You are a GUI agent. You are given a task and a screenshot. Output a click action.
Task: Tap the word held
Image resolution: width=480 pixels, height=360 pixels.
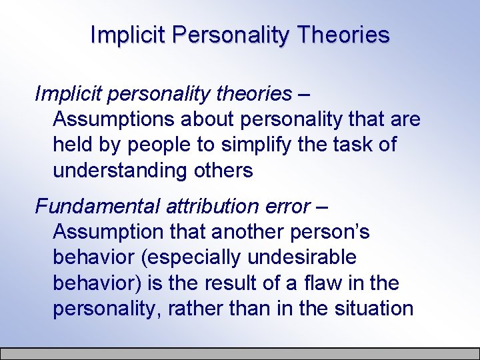pos(72,145)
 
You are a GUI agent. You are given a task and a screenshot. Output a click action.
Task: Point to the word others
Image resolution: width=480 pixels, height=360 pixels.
pos(222,171)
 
